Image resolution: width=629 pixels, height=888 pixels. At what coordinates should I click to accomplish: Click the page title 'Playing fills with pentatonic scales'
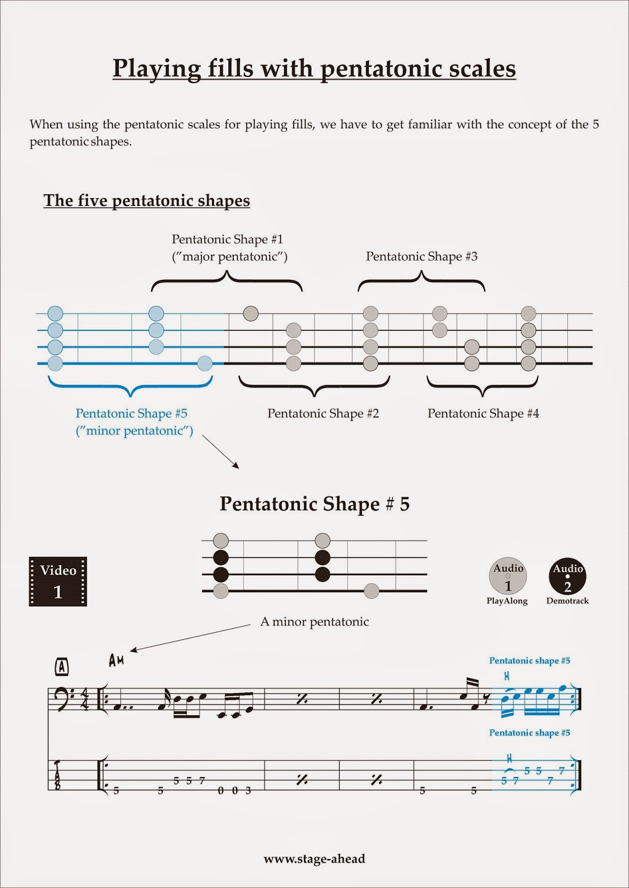[x=314, y=68]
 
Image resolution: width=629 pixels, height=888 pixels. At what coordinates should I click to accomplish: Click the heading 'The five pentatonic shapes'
[x=147, y=200]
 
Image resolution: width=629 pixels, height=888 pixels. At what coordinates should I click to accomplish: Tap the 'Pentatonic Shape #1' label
[x=227, y=239]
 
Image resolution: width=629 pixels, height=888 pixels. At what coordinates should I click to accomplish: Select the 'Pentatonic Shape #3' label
[x=421, y=256]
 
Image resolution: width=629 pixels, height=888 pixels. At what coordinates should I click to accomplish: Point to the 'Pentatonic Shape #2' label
[x=323, y=413]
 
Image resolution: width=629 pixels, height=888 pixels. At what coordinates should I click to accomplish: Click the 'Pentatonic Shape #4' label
[x=483, y=413]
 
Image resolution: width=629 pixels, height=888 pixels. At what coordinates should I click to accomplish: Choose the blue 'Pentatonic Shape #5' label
[x=132, y=413]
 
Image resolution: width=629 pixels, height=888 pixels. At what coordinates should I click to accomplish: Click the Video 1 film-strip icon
[x=58, y=581]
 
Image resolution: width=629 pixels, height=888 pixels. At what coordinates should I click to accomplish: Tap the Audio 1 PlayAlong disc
[x=508, y=576]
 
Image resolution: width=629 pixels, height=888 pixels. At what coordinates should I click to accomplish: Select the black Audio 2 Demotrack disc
[x=567, y=576]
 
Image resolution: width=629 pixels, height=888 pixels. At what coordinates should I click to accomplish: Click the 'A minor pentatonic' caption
[x=314, y=622]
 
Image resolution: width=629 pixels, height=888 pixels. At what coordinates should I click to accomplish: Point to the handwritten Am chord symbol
[x=116, y=660]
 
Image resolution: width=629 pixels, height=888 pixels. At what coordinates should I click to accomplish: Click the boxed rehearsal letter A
[x=62, y=666]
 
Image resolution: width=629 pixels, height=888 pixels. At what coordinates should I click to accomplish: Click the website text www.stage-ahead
[x=314, y=859]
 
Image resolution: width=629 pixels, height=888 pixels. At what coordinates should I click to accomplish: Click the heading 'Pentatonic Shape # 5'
[x=314, y=504]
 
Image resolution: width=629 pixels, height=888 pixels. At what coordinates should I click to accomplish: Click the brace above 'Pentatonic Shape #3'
[x=422, y=281]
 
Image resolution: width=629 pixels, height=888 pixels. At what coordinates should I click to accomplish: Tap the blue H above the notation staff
[x=507, y=676]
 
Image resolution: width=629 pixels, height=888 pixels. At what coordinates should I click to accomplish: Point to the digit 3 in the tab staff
[x=248, y=790]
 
